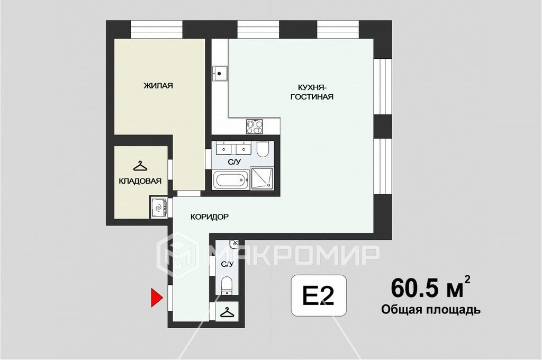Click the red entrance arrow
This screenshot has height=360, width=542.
(x=156, y=298)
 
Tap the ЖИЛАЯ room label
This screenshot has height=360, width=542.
(x=158, y=86)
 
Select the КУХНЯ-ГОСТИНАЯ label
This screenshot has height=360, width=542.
(x=312, y=92)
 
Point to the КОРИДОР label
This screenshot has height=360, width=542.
(x=210, y=217)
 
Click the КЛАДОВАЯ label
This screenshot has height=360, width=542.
(x=140, y=181)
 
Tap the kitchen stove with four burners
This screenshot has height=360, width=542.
(x=254, y=126)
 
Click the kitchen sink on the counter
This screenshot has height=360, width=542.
(x=220, y=73)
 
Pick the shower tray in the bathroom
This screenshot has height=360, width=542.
(x=261, y=178)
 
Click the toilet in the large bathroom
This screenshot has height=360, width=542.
(x=263, y=149)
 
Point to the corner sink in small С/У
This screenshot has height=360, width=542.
(x=234, y=244)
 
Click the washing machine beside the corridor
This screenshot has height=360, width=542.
(x=159, y=208)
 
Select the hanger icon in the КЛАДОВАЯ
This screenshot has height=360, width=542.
(x=140, y=166)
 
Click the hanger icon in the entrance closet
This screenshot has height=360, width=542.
(x=227, y=312)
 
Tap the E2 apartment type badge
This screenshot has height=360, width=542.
(x=318, y=296)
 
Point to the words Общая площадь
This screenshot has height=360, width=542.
(x=431, y=310)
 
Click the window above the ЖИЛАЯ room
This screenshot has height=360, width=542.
(x=157, y=30)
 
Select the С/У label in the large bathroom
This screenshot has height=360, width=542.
(x=234, y=161)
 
